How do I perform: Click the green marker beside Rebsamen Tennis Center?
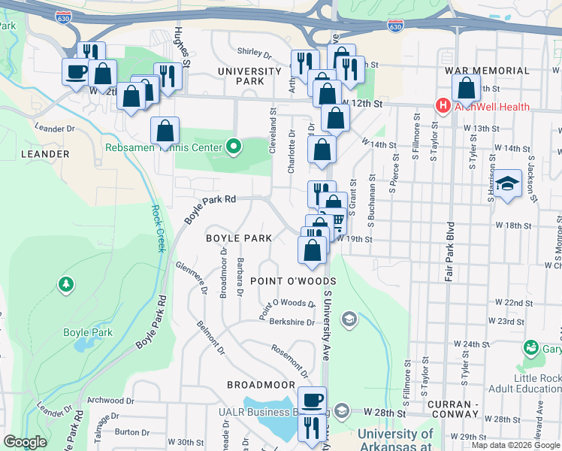click(x=234, y=147)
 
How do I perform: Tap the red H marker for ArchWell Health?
click(x=443, y=106)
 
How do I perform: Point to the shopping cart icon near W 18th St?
click(x=337, y=220)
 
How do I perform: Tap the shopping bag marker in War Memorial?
click(x=467, y=88)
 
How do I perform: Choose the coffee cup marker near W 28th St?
click(x=313, y=399)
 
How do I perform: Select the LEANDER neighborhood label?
click(x=46, y=154)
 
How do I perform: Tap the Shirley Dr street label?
click(x=254, y=53)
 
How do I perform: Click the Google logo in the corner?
click(x=25, y=442)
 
